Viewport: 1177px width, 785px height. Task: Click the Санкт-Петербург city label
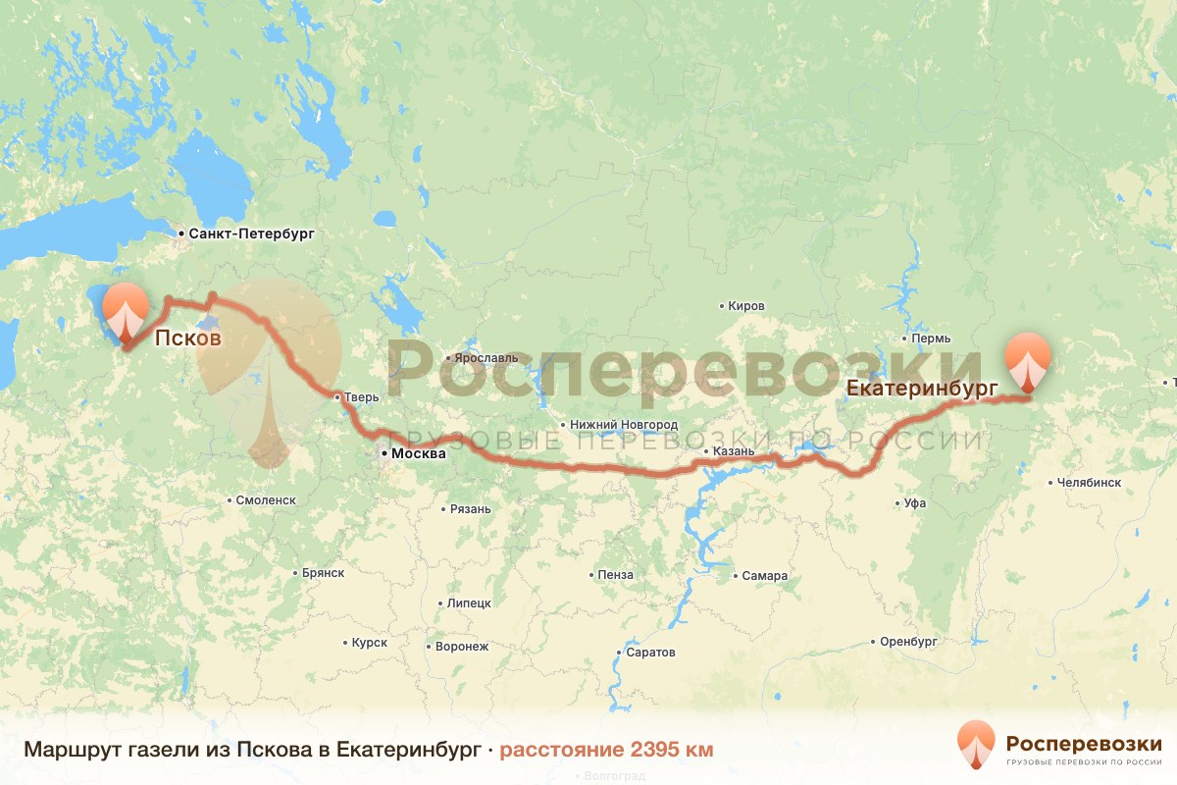click(x=250, y=235)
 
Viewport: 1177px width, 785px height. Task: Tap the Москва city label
click(x=418, y=454)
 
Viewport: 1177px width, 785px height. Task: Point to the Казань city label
click(x=735, y=451)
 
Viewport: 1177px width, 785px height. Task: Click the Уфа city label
click(x=915, y=503)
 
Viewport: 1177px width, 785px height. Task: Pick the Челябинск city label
click(x=1089, y=483)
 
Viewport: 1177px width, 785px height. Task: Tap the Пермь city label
click(x=931, y=339)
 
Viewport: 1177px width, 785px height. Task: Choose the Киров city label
click(x=745, y=306)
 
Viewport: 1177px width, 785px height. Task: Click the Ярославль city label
click(x=481, y=359)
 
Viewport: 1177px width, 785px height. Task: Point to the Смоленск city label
click(x=266, y=499)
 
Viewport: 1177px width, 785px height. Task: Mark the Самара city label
click(x=764, y=576)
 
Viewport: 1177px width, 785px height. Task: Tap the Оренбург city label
click(x=909, y=642)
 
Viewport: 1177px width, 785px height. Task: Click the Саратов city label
click(x=649, y=653)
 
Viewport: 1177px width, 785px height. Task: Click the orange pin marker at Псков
click(x=126, y=311)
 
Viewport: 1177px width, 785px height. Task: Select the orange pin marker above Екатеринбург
click(x=1028, y=361)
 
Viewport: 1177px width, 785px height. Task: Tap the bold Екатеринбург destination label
click(x=922, y=388)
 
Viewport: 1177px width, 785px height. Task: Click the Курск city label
click(x=370, y=643)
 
